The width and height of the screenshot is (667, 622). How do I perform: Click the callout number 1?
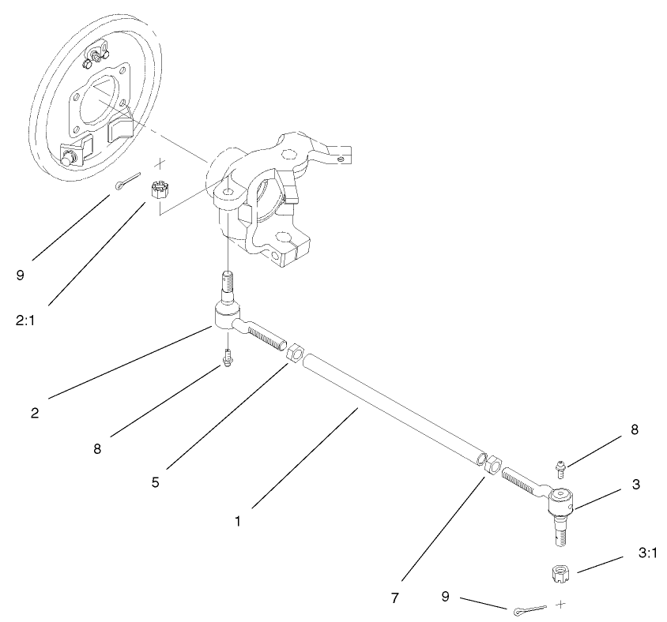click(239, 522)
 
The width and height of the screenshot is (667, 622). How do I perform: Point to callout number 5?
click(156, 481)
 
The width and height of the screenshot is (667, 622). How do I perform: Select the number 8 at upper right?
click(634, 431)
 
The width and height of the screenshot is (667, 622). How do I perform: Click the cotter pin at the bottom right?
click(527, 609)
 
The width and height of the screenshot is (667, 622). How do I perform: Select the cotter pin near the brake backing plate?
click(126, 182)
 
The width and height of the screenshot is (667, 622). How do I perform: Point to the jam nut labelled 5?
click(293, 352)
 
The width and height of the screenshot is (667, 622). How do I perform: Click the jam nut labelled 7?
click(492, 466)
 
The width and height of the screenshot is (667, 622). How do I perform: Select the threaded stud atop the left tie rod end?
click(227, 285)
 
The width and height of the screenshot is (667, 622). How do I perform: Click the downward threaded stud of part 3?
click(562, 528)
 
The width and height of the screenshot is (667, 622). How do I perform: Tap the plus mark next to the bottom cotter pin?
click(561, 604)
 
